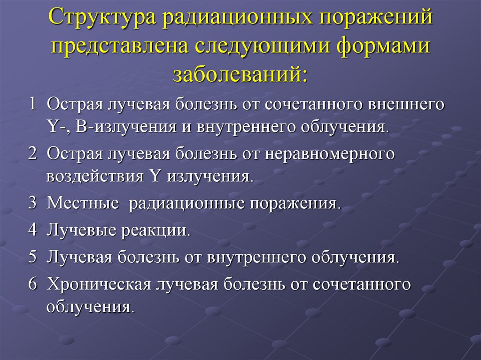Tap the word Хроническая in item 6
click(x=99, y=283)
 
